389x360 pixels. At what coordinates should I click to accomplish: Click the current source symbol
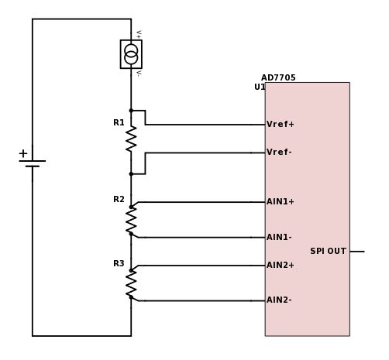(131, 54)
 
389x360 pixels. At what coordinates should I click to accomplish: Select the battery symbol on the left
(33, 163)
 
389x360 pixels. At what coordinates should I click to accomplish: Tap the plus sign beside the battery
(23, 153)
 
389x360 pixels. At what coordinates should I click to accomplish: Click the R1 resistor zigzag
(131, 139)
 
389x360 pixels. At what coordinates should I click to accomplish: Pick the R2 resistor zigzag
(131, 219)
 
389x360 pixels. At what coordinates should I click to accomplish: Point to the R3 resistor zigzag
(131, 283)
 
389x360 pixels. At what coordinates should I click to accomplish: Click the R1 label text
(119, 122)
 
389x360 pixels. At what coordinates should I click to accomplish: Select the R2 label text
(119, 200)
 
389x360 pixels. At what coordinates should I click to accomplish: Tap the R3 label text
(119, 264)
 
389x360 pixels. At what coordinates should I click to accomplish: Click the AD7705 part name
(278, 77)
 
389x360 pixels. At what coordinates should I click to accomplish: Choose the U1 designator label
(260, 87)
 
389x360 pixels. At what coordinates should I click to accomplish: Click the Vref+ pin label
(280, 124)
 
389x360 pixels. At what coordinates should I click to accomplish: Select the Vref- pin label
(279, 152)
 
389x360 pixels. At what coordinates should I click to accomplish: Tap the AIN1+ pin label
(280, 202)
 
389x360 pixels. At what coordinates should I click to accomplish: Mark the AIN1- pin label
(279, 237)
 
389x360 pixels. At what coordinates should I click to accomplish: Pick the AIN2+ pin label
(280, 265)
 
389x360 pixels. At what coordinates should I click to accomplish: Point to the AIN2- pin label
(279, 300)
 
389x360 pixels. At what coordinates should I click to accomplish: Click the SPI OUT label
(328, 251)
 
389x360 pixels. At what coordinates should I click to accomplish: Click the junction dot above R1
(131, 110)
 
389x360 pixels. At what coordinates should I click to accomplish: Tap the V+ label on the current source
(139, 33)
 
